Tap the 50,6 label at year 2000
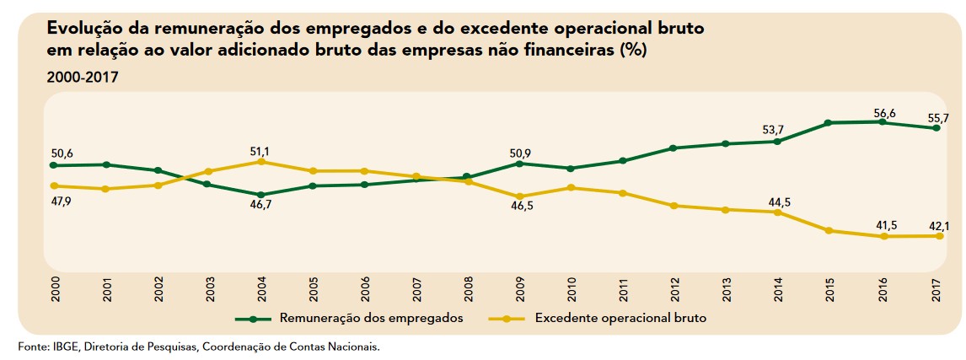[x=62, y=153]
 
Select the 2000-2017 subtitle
[x=83, y=77]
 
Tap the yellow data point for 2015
[x=830, y=230]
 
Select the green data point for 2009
[x=520, y=164]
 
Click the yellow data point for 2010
[x=572, y=187]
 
